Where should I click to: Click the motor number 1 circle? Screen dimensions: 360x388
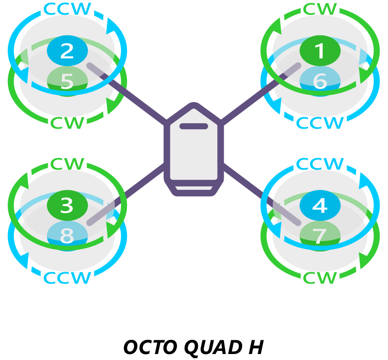pos(320,51)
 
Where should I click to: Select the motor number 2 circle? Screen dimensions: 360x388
pos(67,51)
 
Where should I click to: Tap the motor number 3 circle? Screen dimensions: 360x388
pos(67,206)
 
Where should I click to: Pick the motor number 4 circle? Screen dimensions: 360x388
pos(320,206)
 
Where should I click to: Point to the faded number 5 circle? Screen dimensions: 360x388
pos(67,82)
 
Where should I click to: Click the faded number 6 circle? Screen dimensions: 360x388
pos(320,82)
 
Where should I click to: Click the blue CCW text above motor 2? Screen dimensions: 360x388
pos(67,9)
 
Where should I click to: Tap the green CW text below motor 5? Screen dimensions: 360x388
pos(67,123)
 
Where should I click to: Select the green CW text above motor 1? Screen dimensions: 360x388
pos(320,9)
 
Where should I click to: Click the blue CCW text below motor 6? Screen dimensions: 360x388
pos(320,123)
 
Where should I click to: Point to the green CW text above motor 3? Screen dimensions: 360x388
pos(67,164)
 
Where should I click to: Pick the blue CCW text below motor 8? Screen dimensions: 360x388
pos(67,278)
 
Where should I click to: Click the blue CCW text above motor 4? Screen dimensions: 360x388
pos(320,164)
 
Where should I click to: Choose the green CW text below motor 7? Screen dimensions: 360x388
pos(320,278)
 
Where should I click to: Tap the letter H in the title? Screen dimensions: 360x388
pos(256,348)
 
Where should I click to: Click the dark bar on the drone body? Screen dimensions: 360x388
pos(194,126)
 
